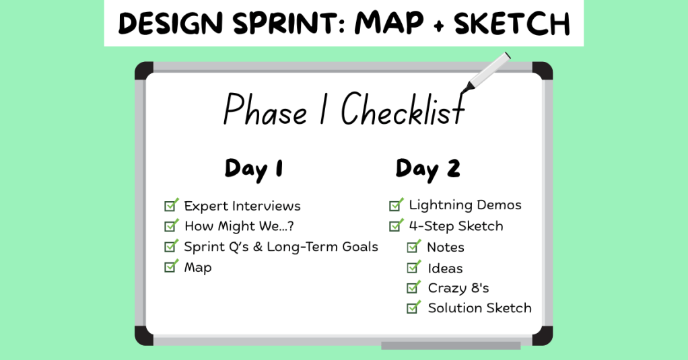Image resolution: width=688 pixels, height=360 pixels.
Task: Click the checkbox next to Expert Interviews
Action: [171, 205]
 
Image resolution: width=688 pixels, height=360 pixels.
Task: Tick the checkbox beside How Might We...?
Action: [171, 225]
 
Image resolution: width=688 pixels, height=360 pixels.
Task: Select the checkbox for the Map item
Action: [171, 266]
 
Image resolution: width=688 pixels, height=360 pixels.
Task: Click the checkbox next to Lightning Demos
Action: [396, 205]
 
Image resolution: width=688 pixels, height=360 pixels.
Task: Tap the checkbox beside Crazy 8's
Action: [413, 287]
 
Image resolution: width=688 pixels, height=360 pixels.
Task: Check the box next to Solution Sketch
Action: [413, 308]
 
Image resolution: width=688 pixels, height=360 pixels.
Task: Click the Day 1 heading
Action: [254, 170]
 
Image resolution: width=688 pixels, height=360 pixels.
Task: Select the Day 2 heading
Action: [427, 170]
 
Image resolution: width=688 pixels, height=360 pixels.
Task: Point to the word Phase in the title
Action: [265, 110]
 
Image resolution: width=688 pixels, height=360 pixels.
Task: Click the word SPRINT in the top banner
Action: [284, 24]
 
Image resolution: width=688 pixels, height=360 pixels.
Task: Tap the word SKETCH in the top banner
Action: [512, 24]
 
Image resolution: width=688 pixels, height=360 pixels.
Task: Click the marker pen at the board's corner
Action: [486, 72]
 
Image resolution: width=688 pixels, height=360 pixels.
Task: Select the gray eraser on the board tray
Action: [450, 345]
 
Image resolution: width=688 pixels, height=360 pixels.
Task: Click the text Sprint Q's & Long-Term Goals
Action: [281, 247]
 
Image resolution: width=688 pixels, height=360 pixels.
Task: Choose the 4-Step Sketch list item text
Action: [456, 226]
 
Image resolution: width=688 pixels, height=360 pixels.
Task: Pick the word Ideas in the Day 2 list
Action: [445, 268]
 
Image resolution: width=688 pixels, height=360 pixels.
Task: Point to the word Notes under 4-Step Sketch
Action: [446, 248]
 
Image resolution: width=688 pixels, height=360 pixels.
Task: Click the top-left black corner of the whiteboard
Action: [143, 70]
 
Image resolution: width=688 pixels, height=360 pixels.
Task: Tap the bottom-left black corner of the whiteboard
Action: [143, 336]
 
